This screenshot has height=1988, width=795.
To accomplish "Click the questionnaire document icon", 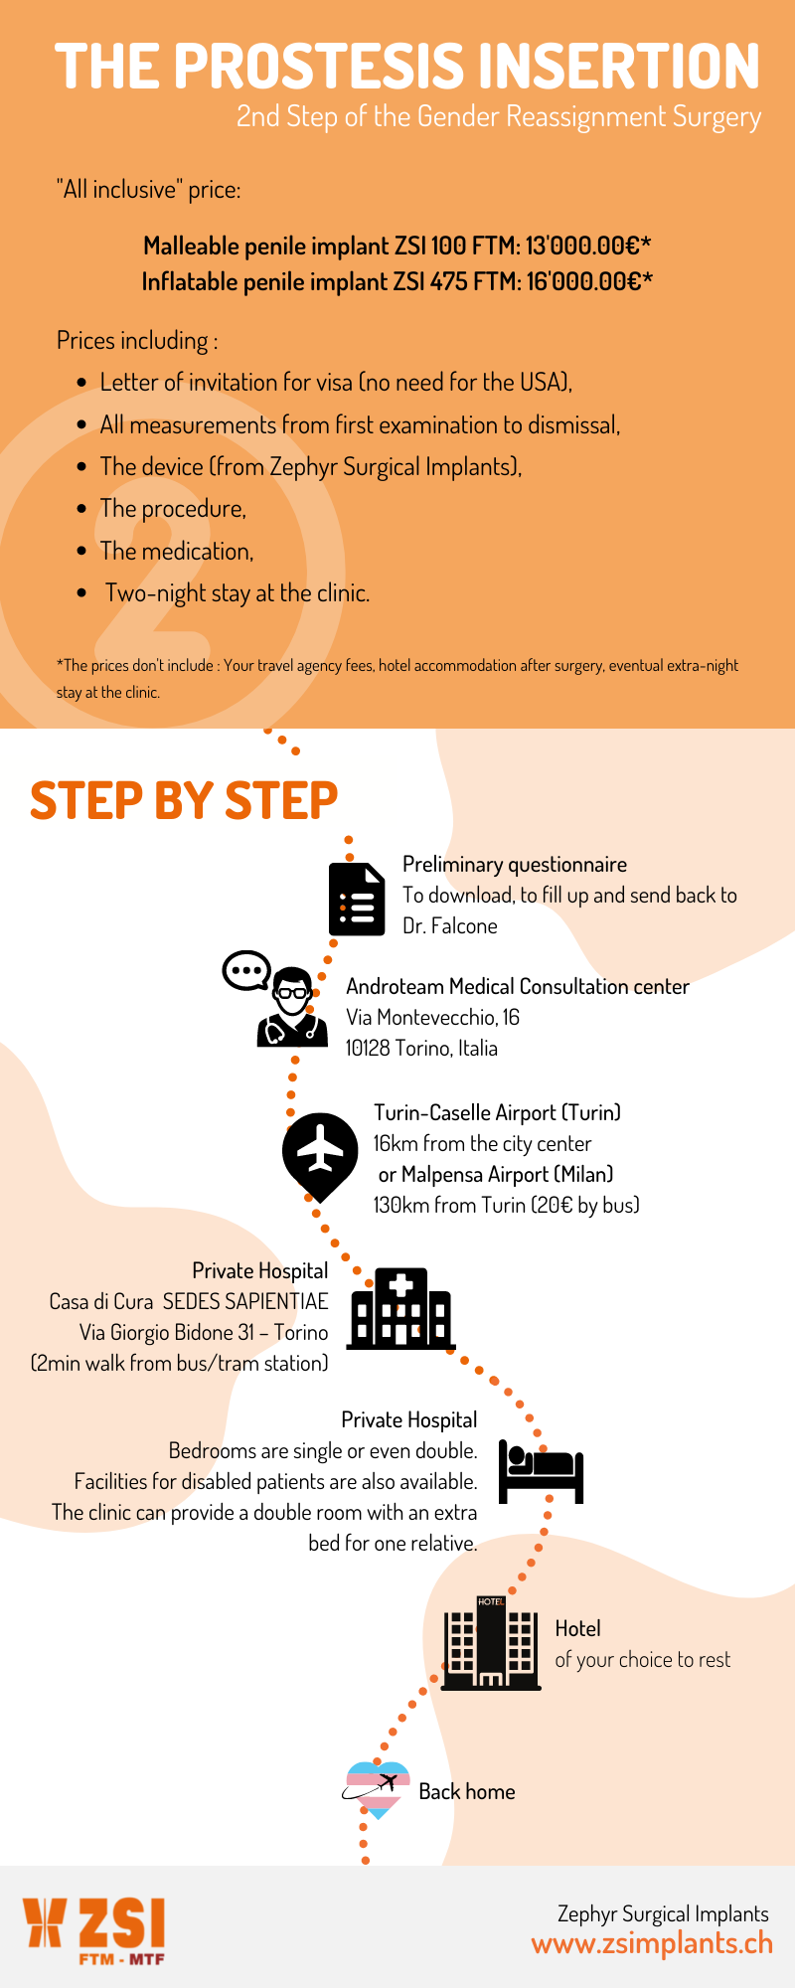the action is coord(357,899).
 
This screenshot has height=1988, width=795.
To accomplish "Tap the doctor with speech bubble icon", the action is coord(276,998).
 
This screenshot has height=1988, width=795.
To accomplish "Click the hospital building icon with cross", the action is coord(399,1308).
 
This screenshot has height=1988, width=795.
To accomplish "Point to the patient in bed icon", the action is coord(541,1472).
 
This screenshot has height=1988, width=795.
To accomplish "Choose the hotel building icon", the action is coord(491,1643).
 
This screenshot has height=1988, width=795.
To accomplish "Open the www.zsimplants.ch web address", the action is coord(652,1944).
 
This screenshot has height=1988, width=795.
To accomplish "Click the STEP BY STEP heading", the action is coord(184,800).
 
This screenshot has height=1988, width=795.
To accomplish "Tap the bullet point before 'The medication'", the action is coord(82,551).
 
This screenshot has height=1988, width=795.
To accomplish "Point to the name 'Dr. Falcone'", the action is coord(450,926).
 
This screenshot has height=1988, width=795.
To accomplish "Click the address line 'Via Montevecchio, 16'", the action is coord(433,1017).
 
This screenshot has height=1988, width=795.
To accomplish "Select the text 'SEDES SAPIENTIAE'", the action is coord(245,1301).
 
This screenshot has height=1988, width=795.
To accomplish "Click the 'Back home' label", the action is coord(467,1791).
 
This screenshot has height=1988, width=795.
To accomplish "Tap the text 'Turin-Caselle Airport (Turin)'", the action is coord(497,1112).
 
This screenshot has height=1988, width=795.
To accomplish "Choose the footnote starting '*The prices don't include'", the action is coord(397,678).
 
